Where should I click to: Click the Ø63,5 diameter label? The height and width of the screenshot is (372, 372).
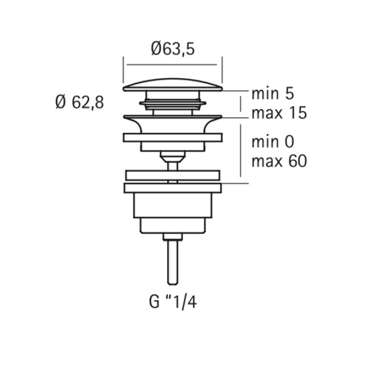[173, 49]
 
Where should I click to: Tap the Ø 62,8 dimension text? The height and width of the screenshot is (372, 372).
[80, 102]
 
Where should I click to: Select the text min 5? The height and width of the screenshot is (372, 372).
[273, 93]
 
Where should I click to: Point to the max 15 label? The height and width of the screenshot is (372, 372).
[279, 113]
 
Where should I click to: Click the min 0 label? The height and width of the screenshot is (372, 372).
[273, 142]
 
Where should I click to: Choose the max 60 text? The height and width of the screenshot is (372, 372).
[279, 161]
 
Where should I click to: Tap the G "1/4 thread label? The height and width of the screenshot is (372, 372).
[173, 302]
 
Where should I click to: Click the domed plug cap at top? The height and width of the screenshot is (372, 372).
[173, 85]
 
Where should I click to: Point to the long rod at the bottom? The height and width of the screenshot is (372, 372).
[173, 262]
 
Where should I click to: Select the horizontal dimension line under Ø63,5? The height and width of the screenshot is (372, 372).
[172, 65]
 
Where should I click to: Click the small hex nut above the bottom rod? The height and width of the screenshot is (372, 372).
[173, 237]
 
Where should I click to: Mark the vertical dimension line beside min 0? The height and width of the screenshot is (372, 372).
[241, 150]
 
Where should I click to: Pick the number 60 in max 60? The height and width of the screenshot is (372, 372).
[298, 161]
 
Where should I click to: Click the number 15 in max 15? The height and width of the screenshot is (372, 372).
[298, 113]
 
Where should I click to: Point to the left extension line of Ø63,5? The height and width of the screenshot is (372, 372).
[123, 70]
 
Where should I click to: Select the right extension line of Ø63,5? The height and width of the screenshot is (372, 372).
[222, 70]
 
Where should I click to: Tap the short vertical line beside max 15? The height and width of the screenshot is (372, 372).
[241, 104]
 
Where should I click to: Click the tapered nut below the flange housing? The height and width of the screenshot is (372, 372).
[173, 157]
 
